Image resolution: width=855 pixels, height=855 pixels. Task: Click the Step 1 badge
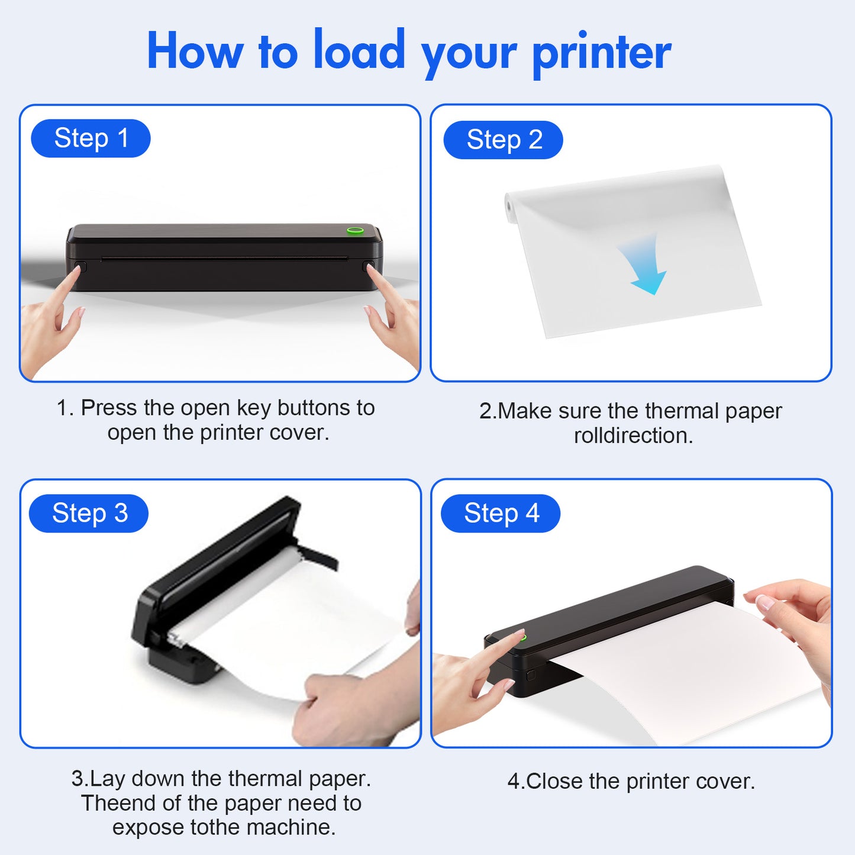tap(91, 138)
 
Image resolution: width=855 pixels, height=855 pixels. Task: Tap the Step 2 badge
tap(503, 140)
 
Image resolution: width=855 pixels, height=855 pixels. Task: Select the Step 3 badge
tap(89, 513)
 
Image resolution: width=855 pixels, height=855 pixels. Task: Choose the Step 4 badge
tap(501, 513)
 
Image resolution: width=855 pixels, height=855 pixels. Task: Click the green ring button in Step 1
tap(355, 230)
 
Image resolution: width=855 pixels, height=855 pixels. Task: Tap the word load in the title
tap(359, 50)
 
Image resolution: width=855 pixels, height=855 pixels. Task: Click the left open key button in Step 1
tap(80, 267)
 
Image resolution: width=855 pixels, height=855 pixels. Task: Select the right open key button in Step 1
tap(368, 266)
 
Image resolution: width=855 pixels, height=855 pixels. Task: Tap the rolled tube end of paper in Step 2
tap(509, 205)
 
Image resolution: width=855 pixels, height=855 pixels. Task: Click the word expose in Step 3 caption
tap(149, 828)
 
